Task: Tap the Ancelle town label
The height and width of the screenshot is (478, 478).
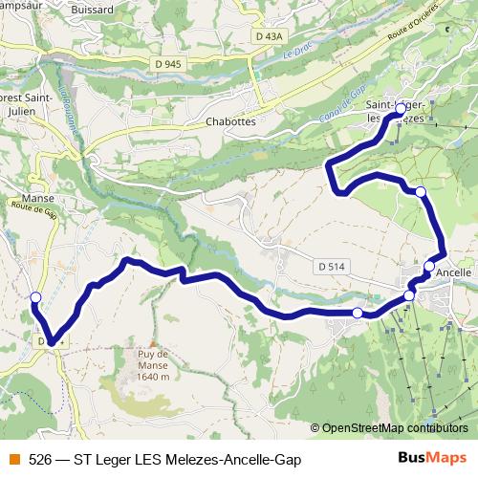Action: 454,272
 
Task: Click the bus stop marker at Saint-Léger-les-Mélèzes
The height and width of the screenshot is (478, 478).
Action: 401,111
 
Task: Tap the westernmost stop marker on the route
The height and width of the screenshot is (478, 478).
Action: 35,297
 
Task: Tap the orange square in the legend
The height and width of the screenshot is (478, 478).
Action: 14,460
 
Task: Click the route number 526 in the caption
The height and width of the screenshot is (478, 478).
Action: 40,460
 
